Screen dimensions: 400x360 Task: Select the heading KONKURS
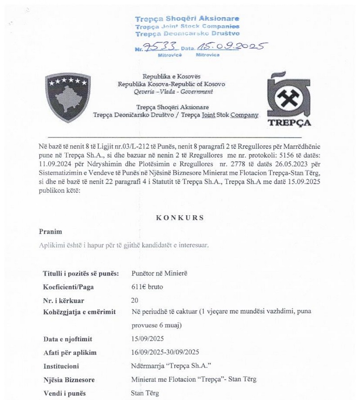tap(180, 217)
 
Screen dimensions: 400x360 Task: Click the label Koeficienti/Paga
tap(69, 287)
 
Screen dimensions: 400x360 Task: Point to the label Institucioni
tap(61, 366)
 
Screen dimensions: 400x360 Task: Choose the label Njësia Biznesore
tap(68, 379)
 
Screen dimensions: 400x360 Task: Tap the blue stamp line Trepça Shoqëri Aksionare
tap(188, 19)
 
